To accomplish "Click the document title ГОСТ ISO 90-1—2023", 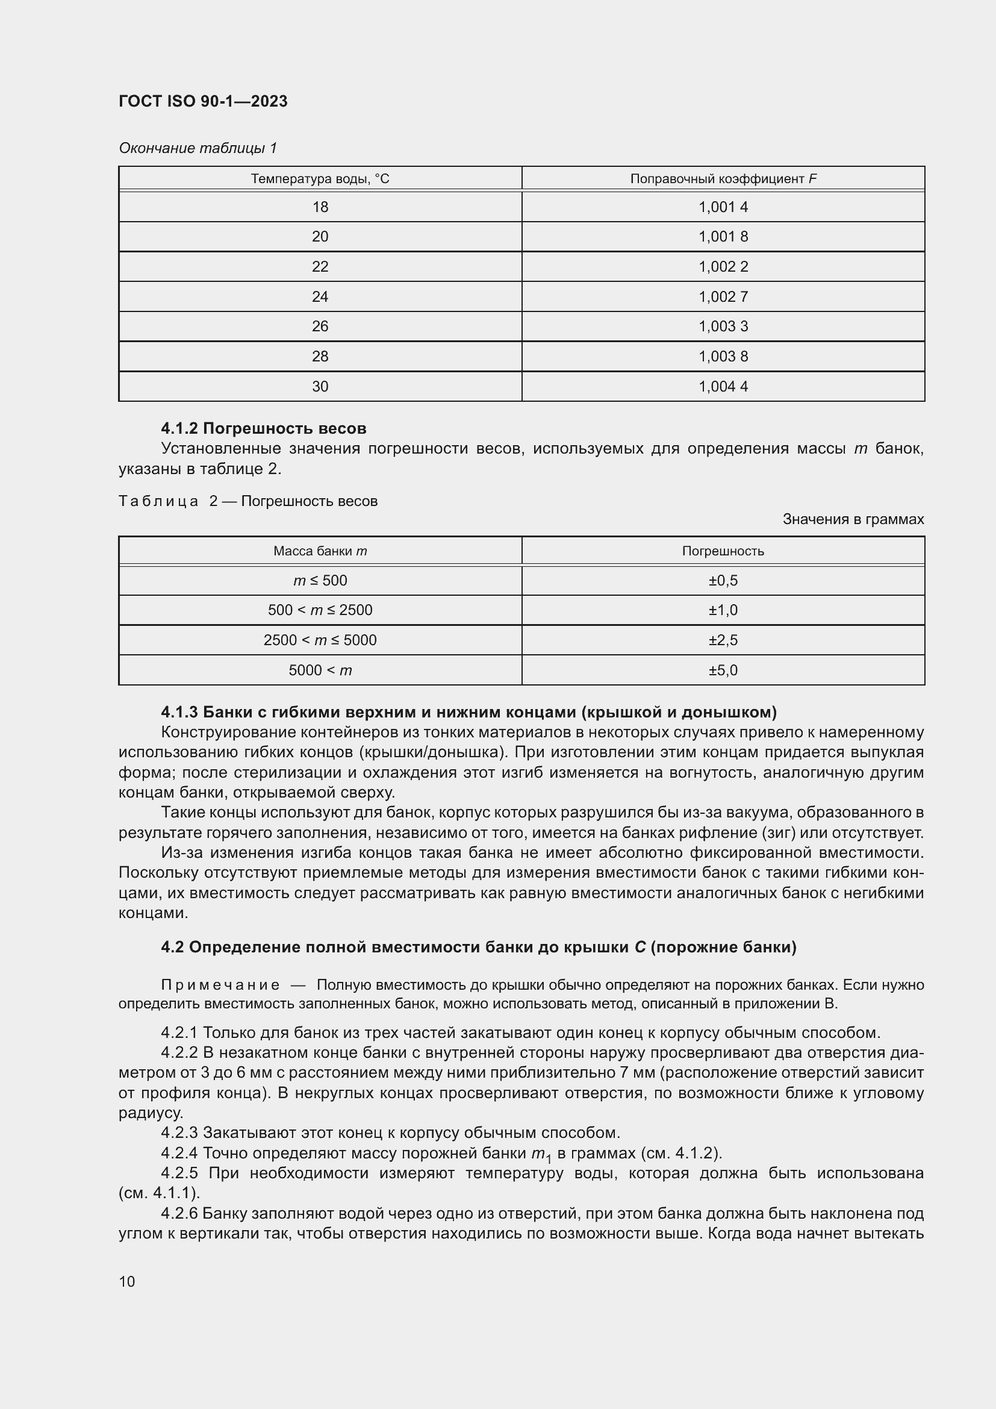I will click(203, 101).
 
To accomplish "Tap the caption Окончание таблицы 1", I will click(198, 148).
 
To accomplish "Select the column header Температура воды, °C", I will click(320, 178).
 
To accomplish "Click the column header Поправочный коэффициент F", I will click(723, 178).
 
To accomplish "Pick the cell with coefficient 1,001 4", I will click(723, 207).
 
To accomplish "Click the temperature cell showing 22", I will click(320, 266).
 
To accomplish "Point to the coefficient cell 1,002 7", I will click(723, 296).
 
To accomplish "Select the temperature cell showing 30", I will click(320, 386).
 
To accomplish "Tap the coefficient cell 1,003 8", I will click(723, 356).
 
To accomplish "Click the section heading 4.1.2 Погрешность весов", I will click(264, 428).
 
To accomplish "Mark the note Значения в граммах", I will click(853, 519).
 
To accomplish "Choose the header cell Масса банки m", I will click(320, 551).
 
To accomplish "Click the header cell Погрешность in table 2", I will click(723, 551).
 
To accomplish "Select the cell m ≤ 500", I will click(320, 580).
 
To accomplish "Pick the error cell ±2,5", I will click(723, 640).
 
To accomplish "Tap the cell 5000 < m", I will click(320, 670).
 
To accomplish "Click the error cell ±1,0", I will click(723, 610).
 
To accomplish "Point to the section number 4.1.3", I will click(179, 712).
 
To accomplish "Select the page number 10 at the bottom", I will click(127, 1281).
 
